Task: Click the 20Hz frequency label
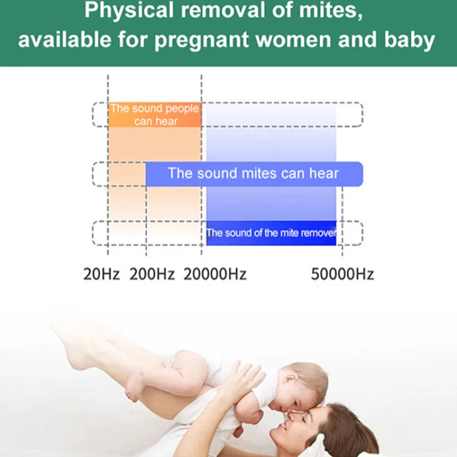pyautogui.click(x=101, y=274)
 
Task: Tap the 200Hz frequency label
pyautogui.click(x=152, y=274)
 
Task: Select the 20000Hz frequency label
pyautogui.click(x=215, y=274)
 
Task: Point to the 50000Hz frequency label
pyautogui.click(x=342, y=274)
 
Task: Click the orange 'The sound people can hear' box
pyautogui.click(x=155, y=115)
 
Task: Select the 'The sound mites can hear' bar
pyautogui.click(x=254, y=174)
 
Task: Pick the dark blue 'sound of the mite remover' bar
pyautogui.click(x=271, y=233)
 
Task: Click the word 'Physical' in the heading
pyautogui.click(x=129, y=11)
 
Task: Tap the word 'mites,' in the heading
pyautogui.click(x=331, y=11)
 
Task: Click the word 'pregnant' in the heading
pyautogui.click(x=202, y=39)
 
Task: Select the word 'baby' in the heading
pyautogui.click(x=410, y=39)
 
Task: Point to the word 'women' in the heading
pyautogui.click(x=293, y=39)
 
